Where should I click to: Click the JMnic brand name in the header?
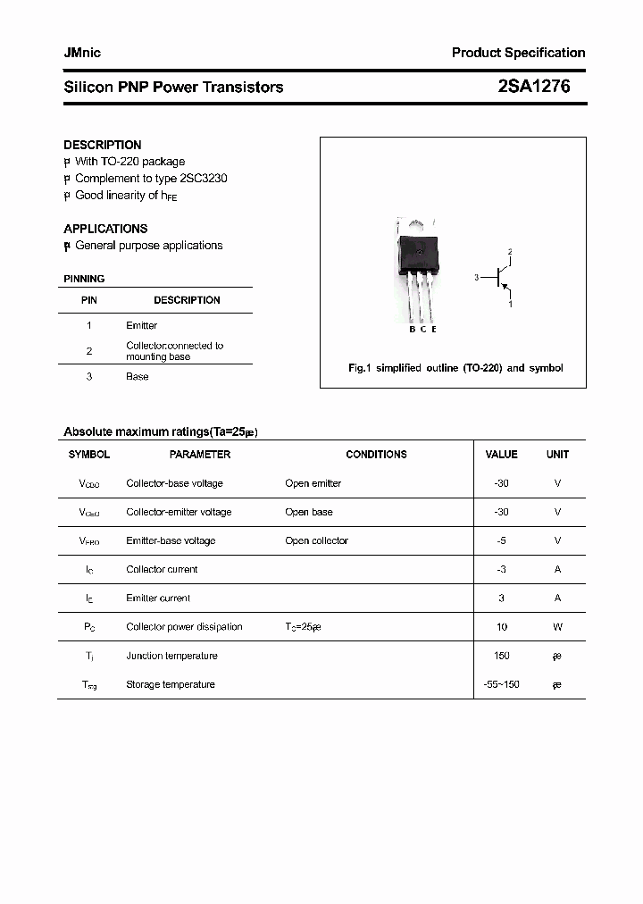82,53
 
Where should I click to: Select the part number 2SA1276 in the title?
534,87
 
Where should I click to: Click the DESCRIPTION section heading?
103,145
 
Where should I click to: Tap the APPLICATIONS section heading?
105,229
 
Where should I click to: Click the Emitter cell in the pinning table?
141,326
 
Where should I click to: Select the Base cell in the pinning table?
138,377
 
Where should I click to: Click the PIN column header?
89,300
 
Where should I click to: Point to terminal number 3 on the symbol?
476,278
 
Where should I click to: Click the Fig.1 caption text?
455,368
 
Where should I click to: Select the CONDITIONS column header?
376,455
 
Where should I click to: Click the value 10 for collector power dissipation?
502,627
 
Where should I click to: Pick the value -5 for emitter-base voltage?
502,540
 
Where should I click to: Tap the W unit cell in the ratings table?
557,627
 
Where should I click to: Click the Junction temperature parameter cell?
171,656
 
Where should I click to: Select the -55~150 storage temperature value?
501,684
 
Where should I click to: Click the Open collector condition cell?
316,540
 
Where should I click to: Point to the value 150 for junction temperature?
502,656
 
